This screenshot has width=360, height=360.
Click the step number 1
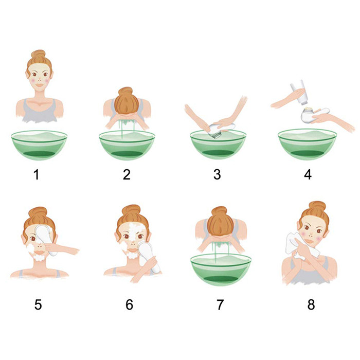tap(37, 174)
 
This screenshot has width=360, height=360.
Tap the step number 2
tap(127, 174)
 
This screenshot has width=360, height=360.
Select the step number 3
tap(217, 174)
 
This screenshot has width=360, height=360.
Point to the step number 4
tap(308, 174)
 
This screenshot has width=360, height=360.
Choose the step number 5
tap(38, 304)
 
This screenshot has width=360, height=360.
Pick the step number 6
tap(129, 304)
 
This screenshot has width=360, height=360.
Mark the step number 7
tap(220, 304)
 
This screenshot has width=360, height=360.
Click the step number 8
tap(311, 304)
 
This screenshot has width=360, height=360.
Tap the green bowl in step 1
tap(39, 145)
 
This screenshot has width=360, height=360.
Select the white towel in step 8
tap(296, 246)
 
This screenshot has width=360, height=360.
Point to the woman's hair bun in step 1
tap(39, 55)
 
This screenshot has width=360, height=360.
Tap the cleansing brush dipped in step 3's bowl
tap(221, 130)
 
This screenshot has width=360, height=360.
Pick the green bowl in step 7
tap(221, 270)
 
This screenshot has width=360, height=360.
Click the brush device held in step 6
tap(149, 257)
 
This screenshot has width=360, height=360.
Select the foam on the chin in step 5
tap(40, 256)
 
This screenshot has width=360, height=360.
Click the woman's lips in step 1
tap(40, 85)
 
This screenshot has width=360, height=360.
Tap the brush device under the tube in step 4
tap(315, 114)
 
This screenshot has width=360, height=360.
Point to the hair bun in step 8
tap(317, 206)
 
